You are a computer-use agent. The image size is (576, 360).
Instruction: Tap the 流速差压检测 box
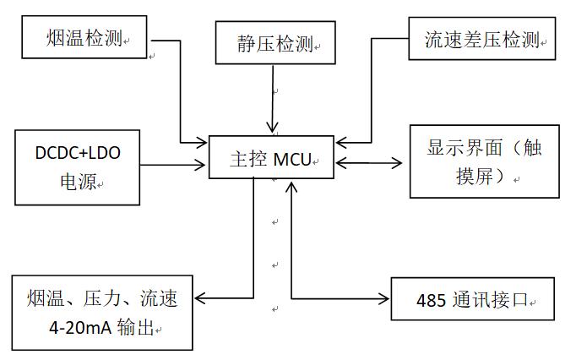(x=482, y=39)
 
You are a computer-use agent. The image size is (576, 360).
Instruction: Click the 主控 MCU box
(x=271, y=157)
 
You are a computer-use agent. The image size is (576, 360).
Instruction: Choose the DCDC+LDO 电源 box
(x=77, y=167)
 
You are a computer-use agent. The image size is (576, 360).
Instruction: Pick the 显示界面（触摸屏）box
(x=484, y=161)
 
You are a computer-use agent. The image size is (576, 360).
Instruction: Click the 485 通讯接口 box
(x=473, y=300)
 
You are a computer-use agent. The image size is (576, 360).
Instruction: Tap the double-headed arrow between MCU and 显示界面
(x=369, y=161)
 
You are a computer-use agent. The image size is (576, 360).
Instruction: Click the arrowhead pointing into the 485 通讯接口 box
(x=384, y=298)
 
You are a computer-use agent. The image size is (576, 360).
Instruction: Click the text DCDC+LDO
(x=77, y=153)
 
